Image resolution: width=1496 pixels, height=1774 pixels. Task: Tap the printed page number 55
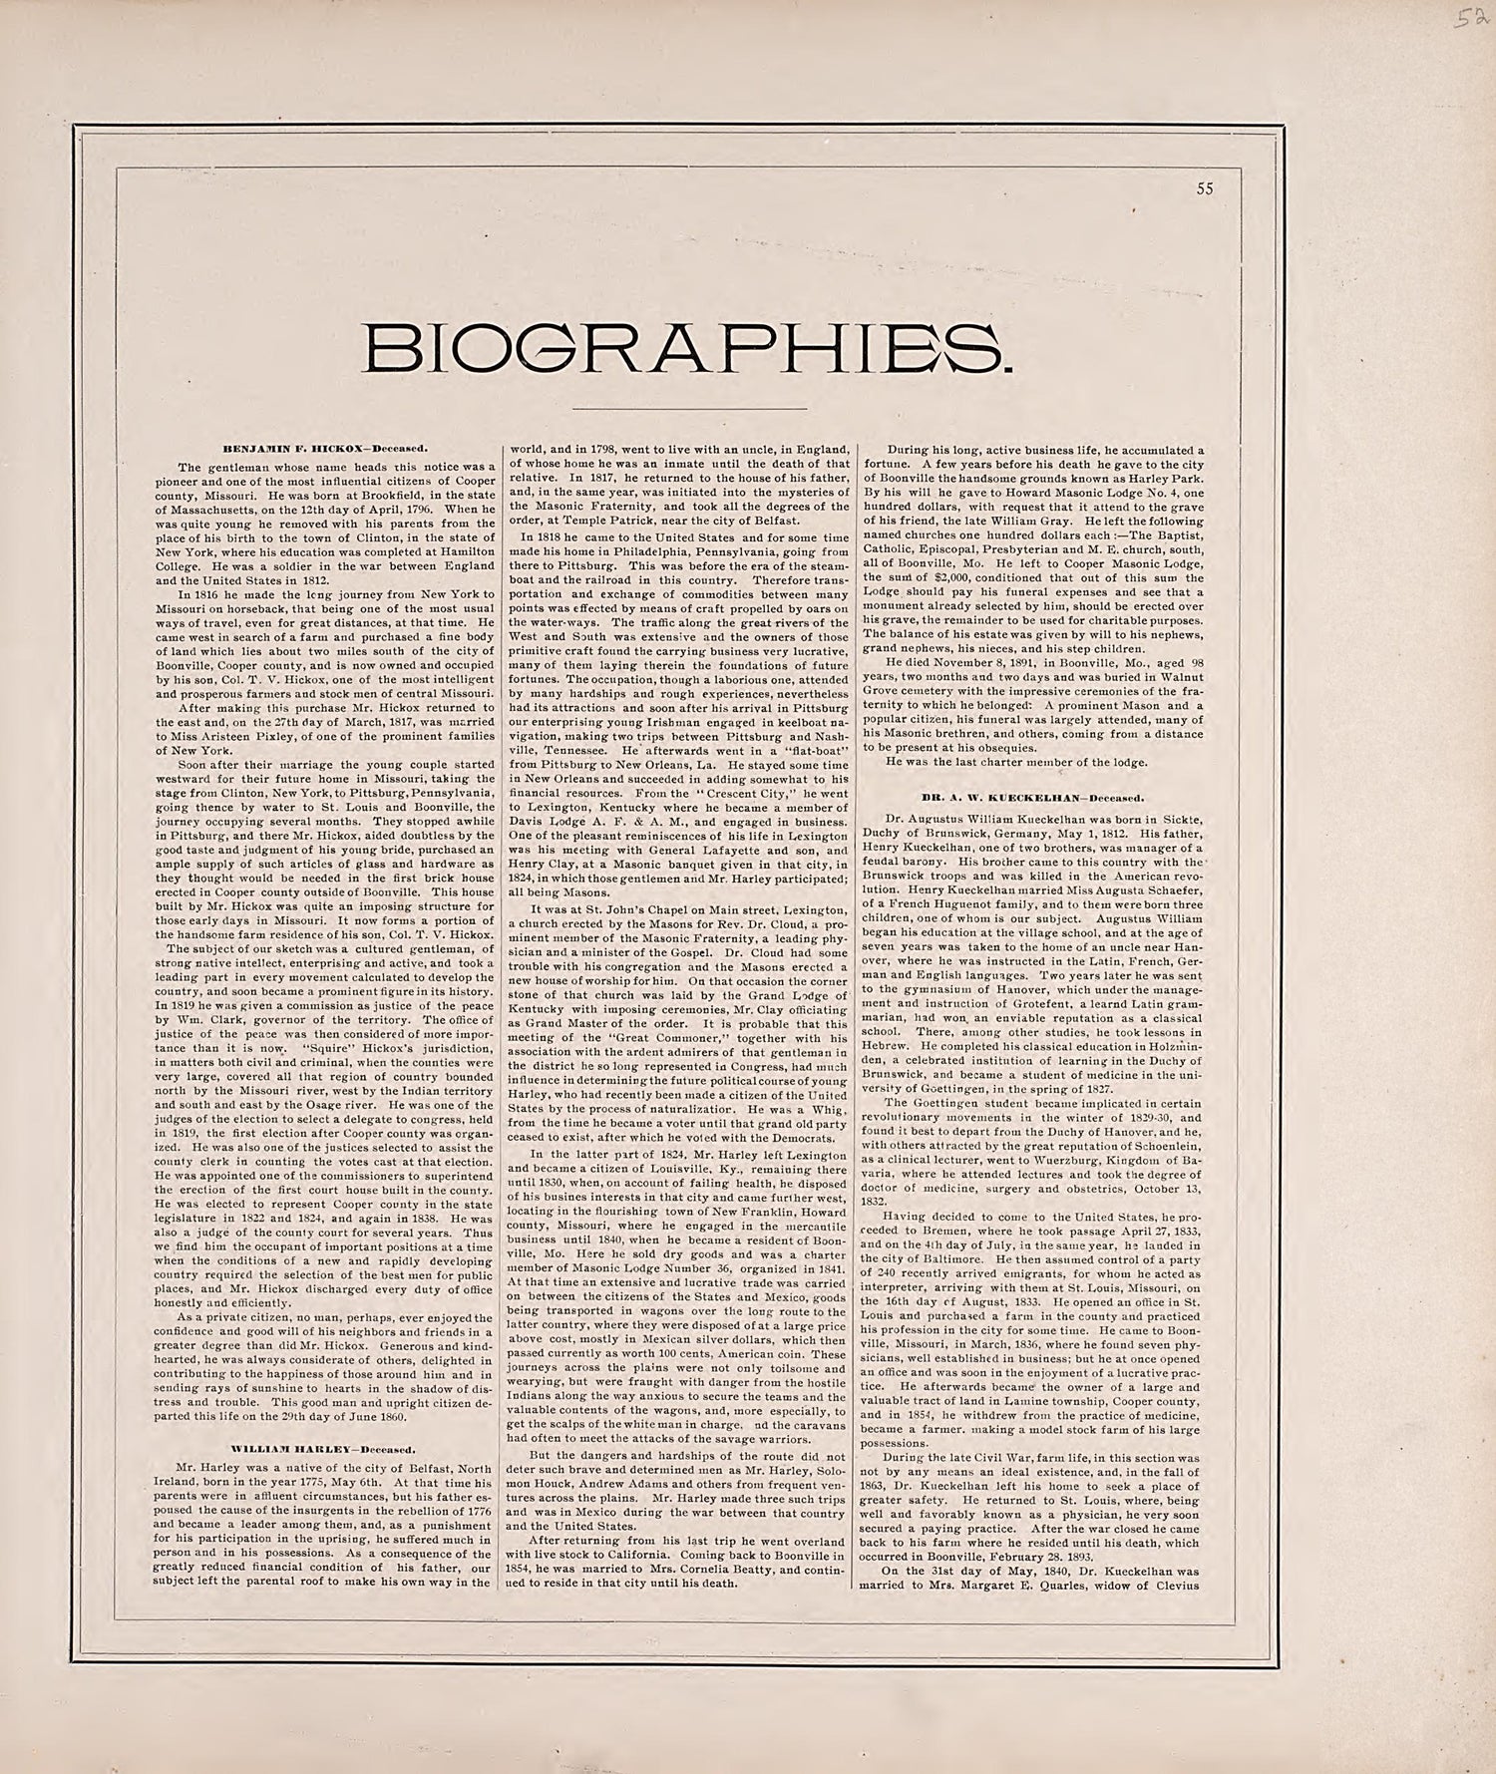coord(1205,189)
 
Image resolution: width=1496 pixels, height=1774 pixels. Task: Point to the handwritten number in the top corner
coord(1465,19)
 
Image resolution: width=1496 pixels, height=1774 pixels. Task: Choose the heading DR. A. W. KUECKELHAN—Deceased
coord(1031,798)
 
